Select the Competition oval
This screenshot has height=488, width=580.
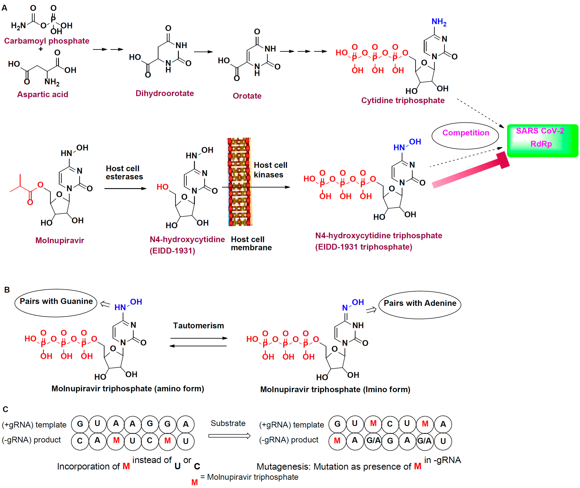[465, 136]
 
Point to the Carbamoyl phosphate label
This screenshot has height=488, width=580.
[47, 41]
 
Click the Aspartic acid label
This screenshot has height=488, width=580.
[43, 94]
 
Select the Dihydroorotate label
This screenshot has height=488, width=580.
[165, 93]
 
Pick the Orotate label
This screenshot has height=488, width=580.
[247, 96]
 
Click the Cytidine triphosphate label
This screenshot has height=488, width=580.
[403, 100]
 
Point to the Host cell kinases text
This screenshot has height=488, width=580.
[270, 170]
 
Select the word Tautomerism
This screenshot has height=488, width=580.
[198, 326]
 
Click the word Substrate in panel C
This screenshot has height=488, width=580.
[228, 423]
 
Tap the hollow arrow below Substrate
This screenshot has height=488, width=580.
[229, 436]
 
